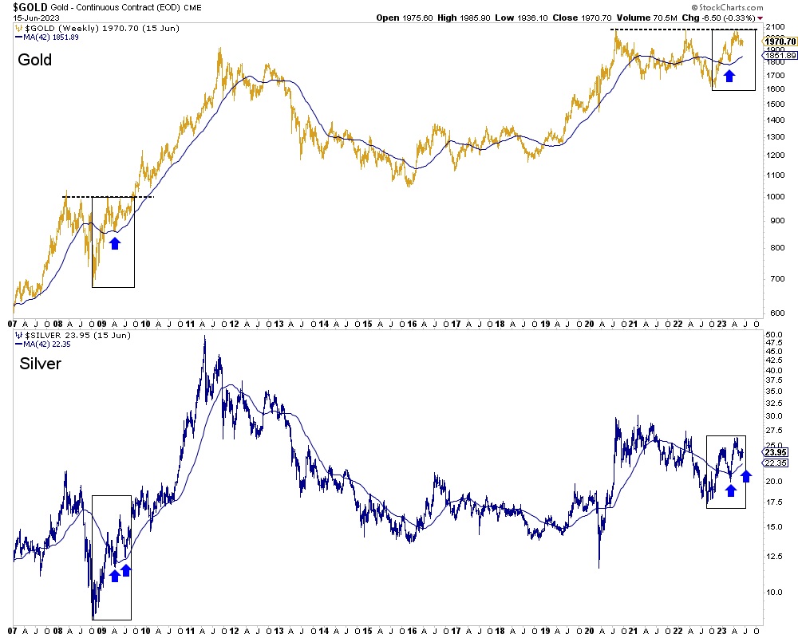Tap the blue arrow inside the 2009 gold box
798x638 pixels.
click(x=115, y=242)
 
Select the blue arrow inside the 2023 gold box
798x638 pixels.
click(x=729, y=77)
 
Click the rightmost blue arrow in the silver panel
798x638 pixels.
click(x=746, y=476)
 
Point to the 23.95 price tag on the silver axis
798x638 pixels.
click(x=777, y=451)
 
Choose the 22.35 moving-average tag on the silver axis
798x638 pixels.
click(x=777, y=463)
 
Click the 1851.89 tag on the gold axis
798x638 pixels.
click(x=780, y=55)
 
